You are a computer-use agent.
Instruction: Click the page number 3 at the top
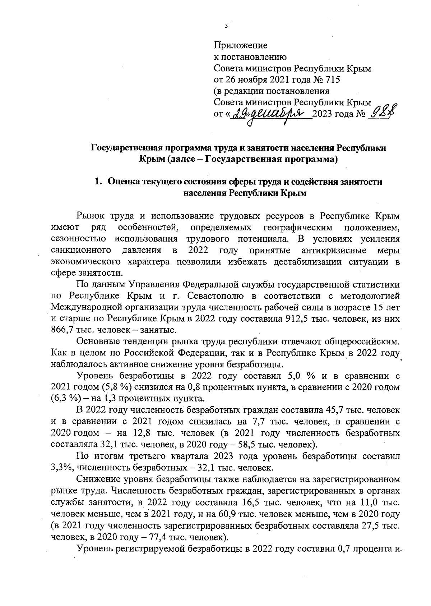coord(226,26)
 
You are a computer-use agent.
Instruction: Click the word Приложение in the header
coord(240,46)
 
